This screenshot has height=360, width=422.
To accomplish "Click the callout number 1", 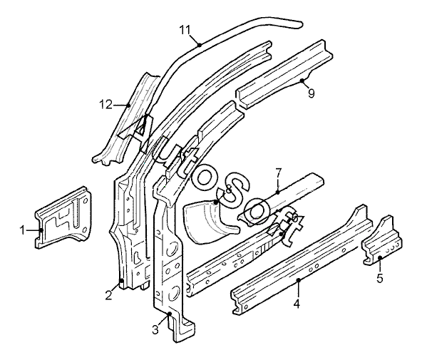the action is tap(22, 230).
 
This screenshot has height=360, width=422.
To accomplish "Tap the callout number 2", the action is tap(108, 295).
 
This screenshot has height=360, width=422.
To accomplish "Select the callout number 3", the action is tap(155, 329).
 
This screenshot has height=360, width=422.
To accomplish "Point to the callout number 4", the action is tap(297, 304).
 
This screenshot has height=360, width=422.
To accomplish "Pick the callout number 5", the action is tap(380, 279).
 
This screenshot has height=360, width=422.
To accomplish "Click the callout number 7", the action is tap(278, 173).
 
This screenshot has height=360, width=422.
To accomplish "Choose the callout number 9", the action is tap(311, 93).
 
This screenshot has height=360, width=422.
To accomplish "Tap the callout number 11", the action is tap(185, 30).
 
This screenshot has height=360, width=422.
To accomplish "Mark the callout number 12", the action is tap(105, 104).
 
